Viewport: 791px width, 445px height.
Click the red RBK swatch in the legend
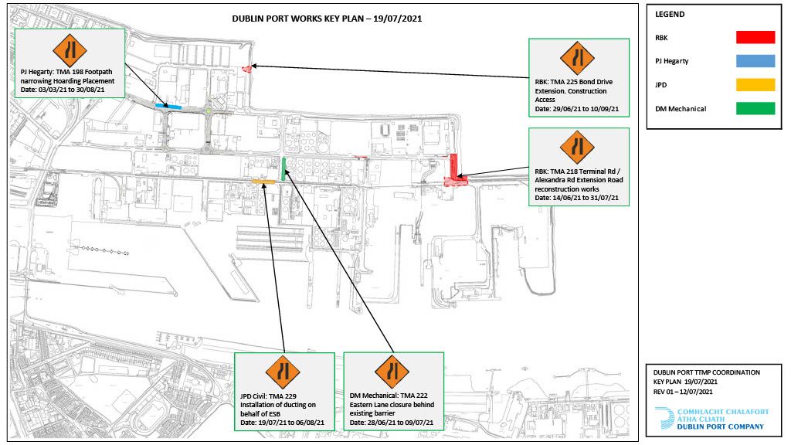click(755, 37)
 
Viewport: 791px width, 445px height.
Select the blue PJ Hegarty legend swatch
click(755, 61)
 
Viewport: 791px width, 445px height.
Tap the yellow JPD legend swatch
click(755, 85)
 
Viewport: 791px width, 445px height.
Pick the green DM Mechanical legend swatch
click(755, 108)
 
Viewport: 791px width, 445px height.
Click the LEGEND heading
click(670, 14)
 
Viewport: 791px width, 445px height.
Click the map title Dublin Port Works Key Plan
click(327, 19)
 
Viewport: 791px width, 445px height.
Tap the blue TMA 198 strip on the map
click(168, 106)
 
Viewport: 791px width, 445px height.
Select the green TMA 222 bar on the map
click(284, 169)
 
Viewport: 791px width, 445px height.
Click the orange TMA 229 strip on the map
click(263, 181)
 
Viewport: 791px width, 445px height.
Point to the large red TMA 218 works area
click(453, 172)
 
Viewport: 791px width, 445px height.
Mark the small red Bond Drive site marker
click(246, 69)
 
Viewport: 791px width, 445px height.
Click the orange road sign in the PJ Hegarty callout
click(70, 50)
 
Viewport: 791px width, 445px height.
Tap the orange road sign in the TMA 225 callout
click(577, 58)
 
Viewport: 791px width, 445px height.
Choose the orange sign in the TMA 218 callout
click(577, 148)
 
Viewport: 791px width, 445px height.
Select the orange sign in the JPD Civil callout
click(283, 372)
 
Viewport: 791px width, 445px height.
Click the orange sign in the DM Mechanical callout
click(392, 372)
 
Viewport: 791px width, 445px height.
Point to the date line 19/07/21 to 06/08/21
click(282, 423)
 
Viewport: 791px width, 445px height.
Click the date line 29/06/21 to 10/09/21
click(576, 109)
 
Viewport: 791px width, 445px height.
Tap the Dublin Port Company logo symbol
click(664, 419)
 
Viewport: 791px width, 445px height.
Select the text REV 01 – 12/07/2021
click(683, 392)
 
